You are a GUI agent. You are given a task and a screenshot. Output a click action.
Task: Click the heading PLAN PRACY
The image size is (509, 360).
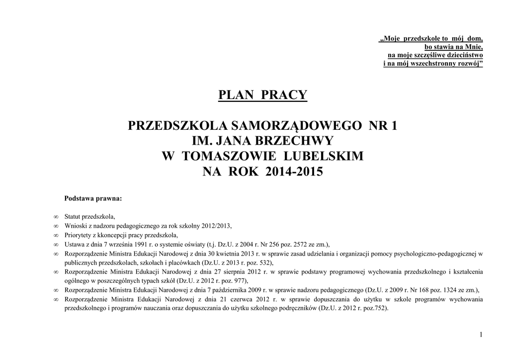point(263,94)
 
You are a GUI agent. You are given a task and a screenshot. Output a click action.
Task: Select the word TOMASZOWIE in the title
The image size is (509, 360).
point(230,157)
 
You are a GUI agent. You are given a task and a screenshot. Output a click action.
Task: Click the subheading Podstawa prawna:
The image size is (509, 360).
point(93,198)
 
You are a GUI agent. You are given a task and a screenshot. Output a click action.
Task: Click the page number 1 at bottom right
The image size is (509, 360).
point(481,335)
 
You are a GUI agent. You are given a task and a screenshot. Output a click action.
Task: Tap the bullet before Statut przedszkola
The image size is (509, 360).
point(56,217)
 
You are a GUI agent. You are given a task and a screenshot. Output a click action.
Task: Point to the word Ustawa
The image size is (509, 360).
point(74,244)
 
